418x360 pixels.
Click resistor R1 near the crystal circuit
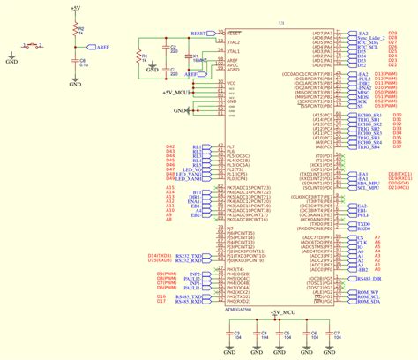(138, 57)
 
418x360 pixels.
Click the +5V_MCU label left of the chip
(177, 91)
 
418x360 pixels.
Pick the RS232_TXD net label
(188, 256)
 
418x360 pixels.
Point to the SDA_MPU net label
(355, 184)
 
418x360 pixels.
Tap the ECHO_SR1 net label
(356, 116)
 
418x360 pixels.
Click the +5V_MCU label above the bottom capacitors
(283, 312)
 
